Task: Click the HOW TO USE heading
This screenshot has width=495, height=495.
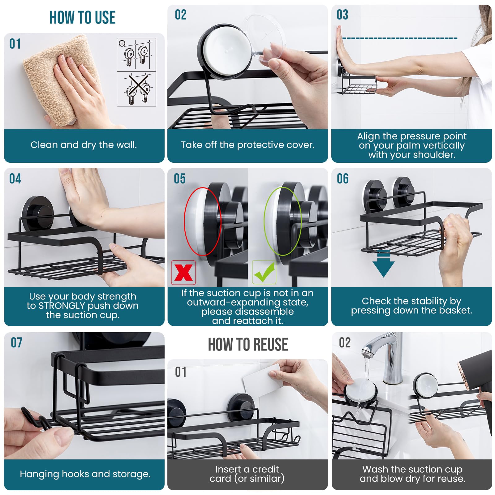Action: click(82, 18)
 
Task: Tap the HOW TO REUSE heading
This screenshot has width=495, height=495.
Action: click(247, 345)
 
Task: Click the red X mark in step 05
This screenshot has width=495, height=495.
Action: click(183, 273)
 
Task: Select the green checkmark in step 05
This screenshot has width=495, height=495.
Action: click(264, 272)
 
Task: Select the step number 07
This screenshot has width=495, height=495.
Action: click(16, 343)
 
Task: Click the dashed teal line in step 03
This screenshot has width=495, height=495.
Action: click(399, 38)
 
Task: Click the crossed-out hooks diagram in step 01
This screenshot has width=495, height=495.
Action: click(136, 89)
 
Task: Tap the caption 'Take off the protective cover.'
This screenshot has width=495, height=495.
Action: click(247, 145)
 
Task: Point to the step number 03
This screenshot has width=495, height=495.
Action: click(342, 15)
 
